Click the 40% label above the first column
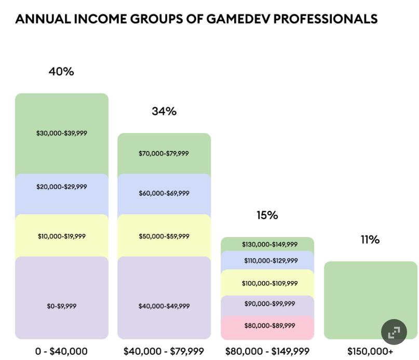[x=61, y=72]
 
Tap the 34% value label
[x=164, y=111]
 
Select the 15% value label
[x=267, y=215]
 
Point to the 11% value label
[x=370, y=240]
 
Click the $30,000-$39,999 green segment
[x=62, y=133]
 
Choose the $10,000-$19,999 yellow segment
[x=62, y=236]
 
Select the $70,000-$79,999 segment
[x=164, y=154]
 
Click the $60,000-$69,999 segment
[x=164, y=193]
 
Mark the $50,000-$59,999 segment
[x=164, y=236]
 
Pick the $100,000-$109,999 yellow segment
[x=267, y=283]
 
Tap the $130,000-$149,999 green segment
[x=267, y=244]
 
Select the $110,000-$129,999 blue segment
[x=267, y=261]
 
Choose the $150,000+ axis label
[x=370, y=351]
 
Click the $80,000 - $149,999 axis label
[x=267, y=351]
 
